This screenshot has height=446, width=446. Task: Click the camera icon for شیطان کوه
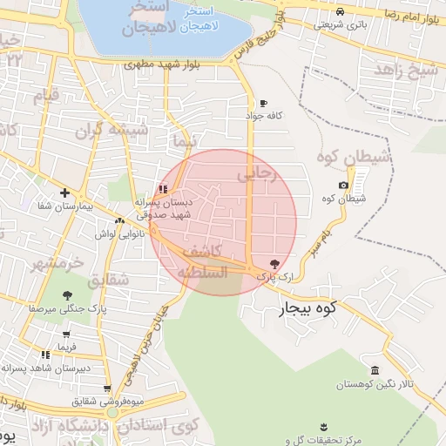pos(344,185)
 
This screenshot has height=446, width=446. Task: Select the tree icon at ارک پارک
pos(275,262)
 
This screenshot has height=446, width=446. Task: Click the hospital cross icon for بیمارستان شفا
pos(64,193)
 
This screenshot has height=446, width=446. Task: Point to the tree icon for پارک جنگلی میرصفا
pos(67,295)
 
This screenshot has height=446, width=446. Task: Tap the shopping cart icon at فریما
pos(67,334)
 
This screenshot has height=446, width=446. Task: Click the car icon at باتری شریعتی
pos(339,11)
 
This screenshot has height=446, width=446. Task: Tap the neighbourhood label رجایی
pos(257,174)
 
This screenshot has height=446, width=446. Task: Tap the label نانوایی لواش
pos(112,235)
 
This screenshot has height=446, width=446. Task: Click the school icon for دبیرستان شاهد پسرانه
pos(44,355)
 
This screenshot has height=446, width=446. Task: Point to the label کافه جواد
pos(266,116)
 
